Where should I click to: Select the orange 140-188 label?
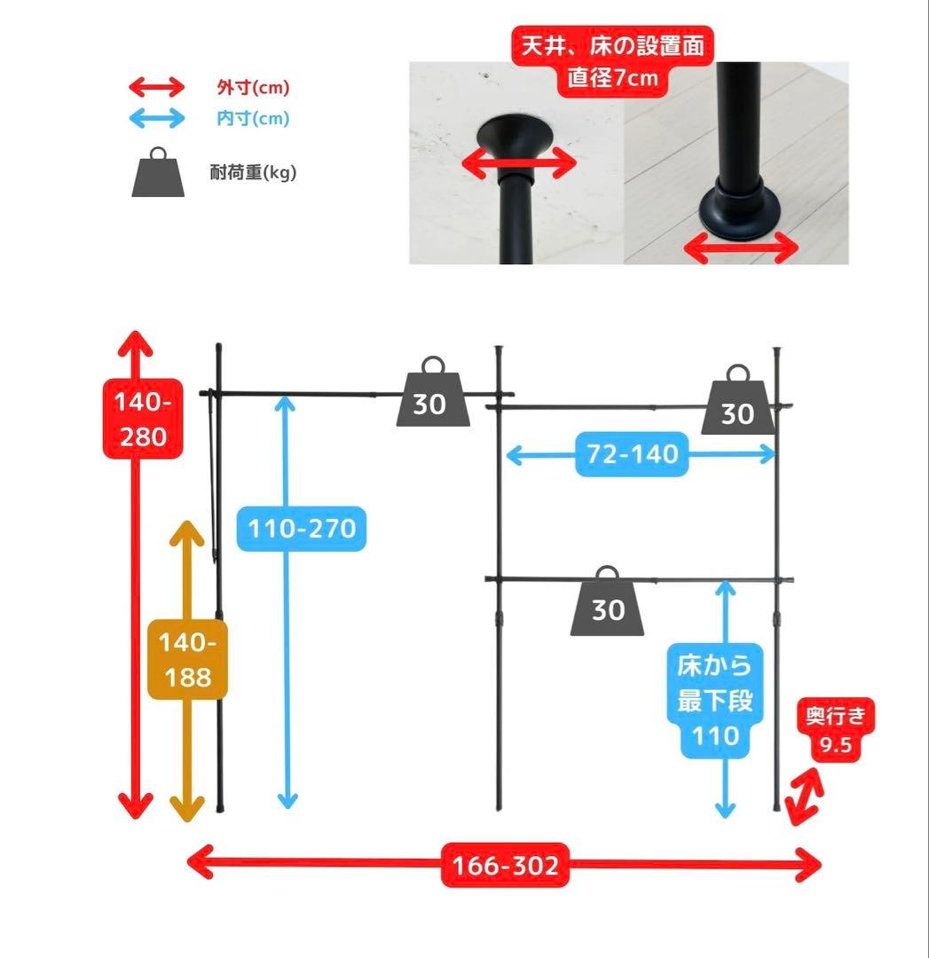click(x=187, y=660)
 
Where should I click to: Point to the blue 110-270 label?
click(x=302, y=530)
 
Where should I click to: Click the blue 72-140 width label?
click(x=632, y=455)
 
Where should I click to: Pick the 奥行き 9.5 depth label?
click(x=835, y=729)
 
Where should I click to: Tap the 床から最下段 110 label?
click(x=714, y=701)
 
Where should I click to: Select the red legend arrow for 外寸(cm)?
click(x=157, y=87)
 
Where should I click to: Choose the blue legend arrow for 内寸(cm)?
click(x=157, y=117)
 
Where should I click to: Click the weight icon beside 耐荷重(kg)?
click(x=158, y=172)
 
